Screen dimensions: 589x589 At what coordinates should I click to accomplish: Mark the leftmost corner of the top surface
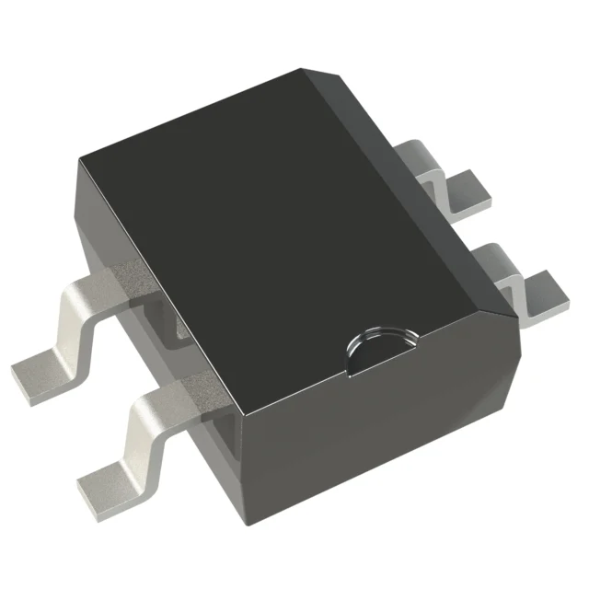pos(80,157)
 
